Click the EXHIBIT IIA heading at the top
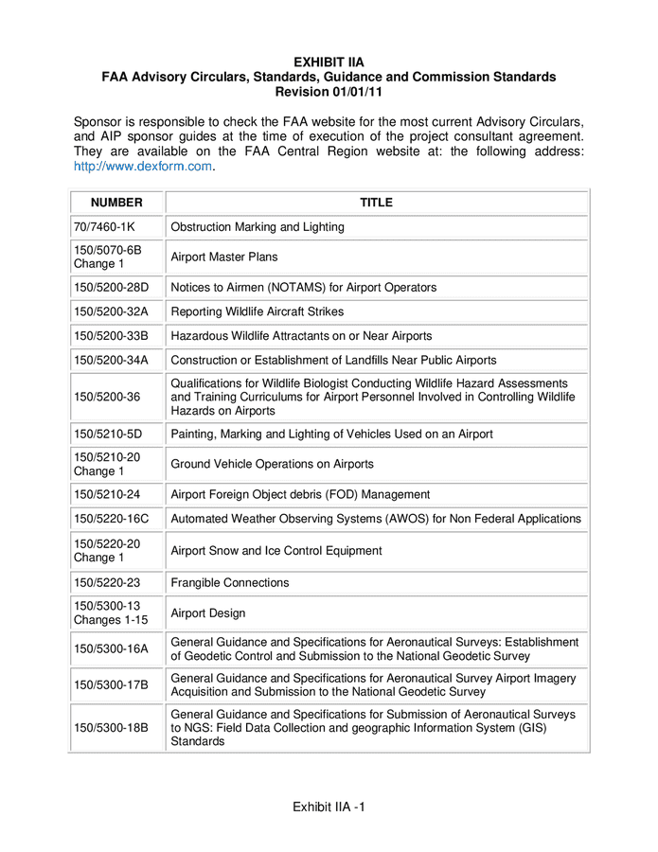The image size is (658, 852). [329, 62]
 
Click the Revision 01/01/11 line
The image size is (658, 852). [329, 92]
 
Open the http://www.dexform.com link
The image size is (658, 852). [144, 167]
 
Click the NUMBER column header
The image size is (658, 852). [116, 203]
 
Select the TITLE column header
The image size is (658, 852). [376, 203]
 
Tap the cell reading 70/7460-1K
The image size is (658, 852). [104, 227]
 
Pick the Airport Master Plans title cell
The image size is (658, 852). [223, 257]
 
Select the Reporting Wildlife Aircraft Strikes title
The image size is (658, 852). [257, 311]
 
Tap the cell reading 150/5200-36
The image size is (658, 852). [106, 398]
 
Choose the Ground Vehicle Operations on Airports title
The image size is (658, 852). [272, 464]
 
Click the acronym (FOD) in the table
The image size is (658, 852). [334, 494]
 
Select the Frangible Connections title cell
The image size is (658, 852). [229, 583]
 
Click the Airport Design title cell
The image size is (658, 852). [207, 613]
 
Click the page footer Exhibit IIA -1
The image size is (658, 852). [329, 807]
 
